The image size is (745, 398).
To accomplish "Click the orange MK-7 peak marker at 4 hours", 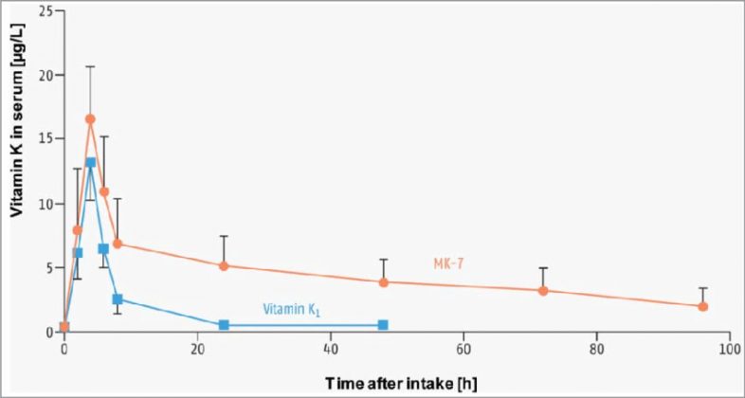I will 90,119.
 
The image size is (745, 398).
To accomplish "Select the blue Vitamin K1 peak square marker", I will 90,162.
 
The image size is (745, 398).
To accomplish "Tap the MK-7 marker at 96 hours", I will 702,306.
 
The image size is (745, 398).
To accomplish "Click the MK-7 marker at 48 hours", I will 384,281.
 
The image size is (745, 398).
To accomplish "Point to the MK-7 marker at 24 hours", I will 224,265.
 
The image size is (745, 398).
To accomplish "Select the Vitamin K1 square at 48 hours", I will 383,325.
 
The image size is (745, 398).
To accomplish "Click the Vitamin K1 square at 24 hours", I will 224,325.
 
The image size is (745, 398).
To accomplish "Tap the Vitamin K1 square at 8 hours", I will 117,299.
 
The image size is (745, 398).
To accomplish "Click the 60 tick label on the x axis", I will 463,348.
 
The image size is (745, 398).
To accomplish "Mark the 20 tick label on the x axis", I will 197,348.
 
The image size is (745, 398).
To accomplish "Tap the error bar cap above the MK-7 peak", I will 90,66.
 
